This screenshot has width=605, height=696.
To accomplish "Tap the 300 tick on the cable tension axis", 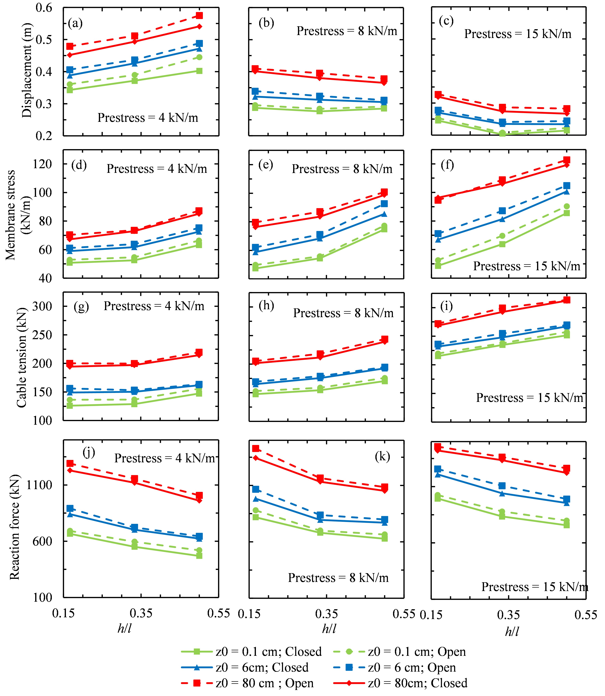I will (x=42, y=307).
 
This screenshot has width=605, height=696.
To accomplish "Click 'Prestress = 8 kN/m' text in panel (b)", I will (x=347, y=31).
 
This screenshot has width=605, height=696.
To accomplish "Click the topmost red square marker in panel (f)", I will (x=567, y=160).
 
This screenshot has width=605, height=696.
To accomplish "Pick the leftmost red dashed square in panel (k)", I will (x=256, y=449).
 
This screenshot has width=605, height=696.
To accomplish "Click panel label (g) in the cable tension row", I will (x=81, y=307).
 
